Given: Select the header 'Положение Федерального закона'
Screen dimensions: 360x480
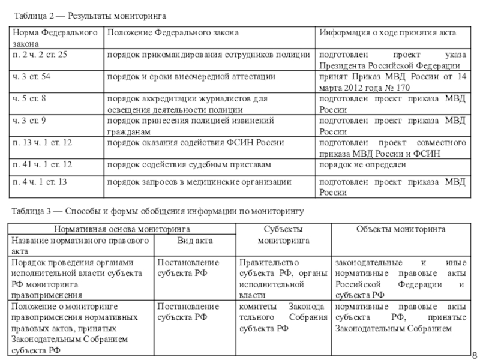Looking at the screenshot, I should click(x=173, y=32).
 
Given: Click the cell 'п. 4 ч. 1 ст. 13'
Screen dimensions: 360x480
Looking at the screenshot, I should click(x=40, y=181).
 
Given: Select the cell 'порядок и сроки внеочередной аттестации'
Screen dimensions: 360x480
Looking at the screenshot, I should click(x=191, y=77).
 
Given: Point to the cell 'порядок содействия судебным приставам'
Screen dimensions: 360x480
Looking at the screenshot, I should click(x=189, y=164).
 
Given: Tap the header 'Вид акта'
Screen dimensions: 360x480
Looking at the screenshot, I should click(x=196, y=240).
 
